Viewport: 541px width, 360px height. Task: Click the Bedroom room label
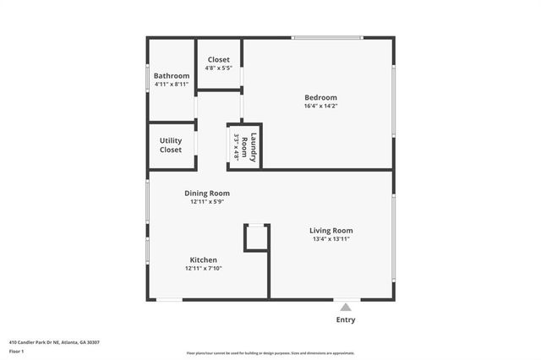(x=320, y=97)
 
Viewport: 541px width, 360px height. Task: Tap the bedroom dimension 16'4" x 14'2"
(x=320, y=106)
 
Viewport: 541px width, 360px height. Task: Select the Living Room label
(x=331, y=230)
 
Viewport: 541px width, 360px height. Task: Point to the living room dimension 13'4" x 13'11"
(x=331, y=239)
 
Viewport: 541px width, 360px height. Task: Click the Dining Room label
(x=207, y=193)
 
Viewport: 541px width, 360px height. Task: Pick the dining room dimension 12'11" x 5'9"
(x=207, y=202)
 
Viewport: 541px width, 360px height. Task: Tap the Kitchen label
(x=203, y=259)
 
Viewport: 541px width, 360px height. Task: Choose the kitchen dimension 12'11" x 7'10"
(x=203, y=269)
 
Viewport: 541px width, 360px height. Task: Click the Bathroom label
(x=171, y=76)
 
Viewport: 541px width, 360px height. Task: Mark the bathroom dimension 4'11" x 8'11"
(x=171, y=85)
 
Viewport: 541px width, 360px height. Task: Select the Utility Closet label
(x=171, y=145)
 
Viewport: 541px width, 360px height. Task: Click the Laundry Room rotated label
(x=248, y=146)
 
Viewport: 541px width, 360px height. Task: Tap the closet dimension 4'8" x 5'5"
(x=219, y=68)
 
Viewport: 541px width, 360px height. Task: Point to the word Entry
(x=346, y=319)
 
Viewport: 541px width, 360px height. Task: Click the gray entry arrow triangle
(x=346, y=308)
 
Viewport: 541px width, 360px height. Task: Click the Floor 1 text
(x=17, y=351)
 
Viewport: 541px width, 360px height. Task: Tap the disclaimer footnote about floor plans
(x=270, y=353)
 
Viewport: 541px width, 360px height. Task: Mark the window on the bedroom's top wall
(x=327, y=37)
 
